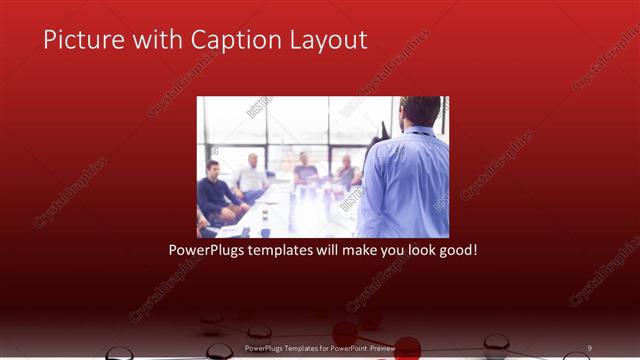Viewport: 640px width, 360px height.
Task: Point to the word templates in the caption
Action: [x=284, y=248]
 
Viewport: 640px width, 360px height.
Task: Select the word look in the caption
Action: [x=415, y=248]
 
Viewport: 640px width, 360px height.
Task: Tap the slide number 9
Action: [x=590, y=347]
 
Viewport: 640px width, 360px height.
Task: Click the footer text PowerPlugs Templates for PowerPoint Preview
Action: [x=320, y=347]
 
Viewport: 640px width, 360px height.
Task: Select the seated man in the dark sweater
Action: [x=213, y=190]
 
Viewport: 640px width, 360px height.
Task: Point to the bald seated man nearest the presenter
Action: [x=346, y=172]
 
